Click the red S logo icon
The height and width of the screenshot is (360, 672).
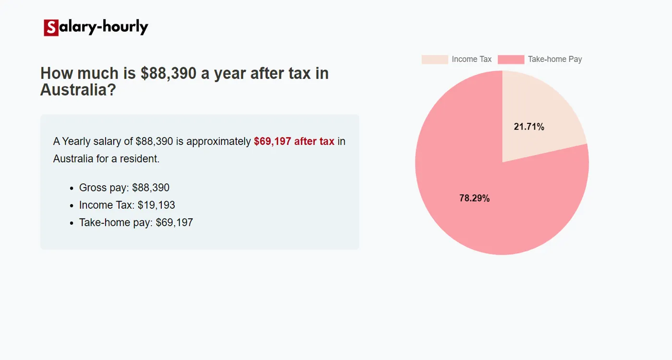pyautogui.click(x=51, y=28)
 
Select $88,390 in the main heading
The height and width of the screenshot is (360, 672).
pyautogui.click(x=168, y=73)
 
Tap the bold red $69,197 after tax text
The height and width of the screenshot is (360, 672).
pyautogui.click(x=294, y=142)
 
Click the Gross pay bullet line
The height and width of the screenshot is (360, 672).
pyautogui.click(x=124, y=188)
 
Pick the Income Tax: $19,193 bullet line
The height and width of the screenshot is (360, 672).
pyautogui.click(x=127, y=205)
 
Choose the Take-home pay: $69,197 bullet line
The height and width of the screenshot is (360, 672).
pyautogui.click(x=136, y=222)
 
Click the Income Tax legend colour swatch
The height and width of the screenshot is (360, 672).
pyautogui.click(x=434, y=60)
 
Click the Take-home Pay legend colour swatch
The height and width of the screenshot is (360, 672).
pyautogui.click(x=511, y=60)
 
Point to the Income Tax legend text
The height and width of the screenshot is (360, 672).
pyautogui.click(x=471, y=60)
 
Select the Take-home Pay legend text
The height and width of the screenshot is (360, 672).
pyautogui.click(x=555, y=60)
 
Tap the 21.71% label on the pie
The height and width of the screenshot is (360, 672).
pyautogui.click(x=529, y=127)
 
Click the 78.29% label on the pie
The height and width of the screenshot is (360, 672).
pyautogui.click(x=474, y=198)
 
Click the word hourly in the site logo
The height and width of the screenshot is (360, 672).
pyautogui.click(x=124, y=27)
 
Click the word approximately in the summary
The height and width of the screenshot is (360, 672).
pyautogui.click(x=218, y=142)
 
